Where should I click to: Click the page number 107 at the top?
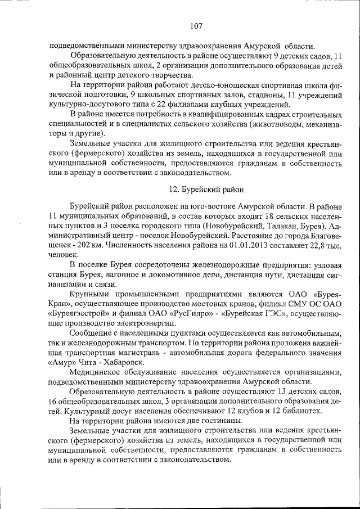tap(196, 25)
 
